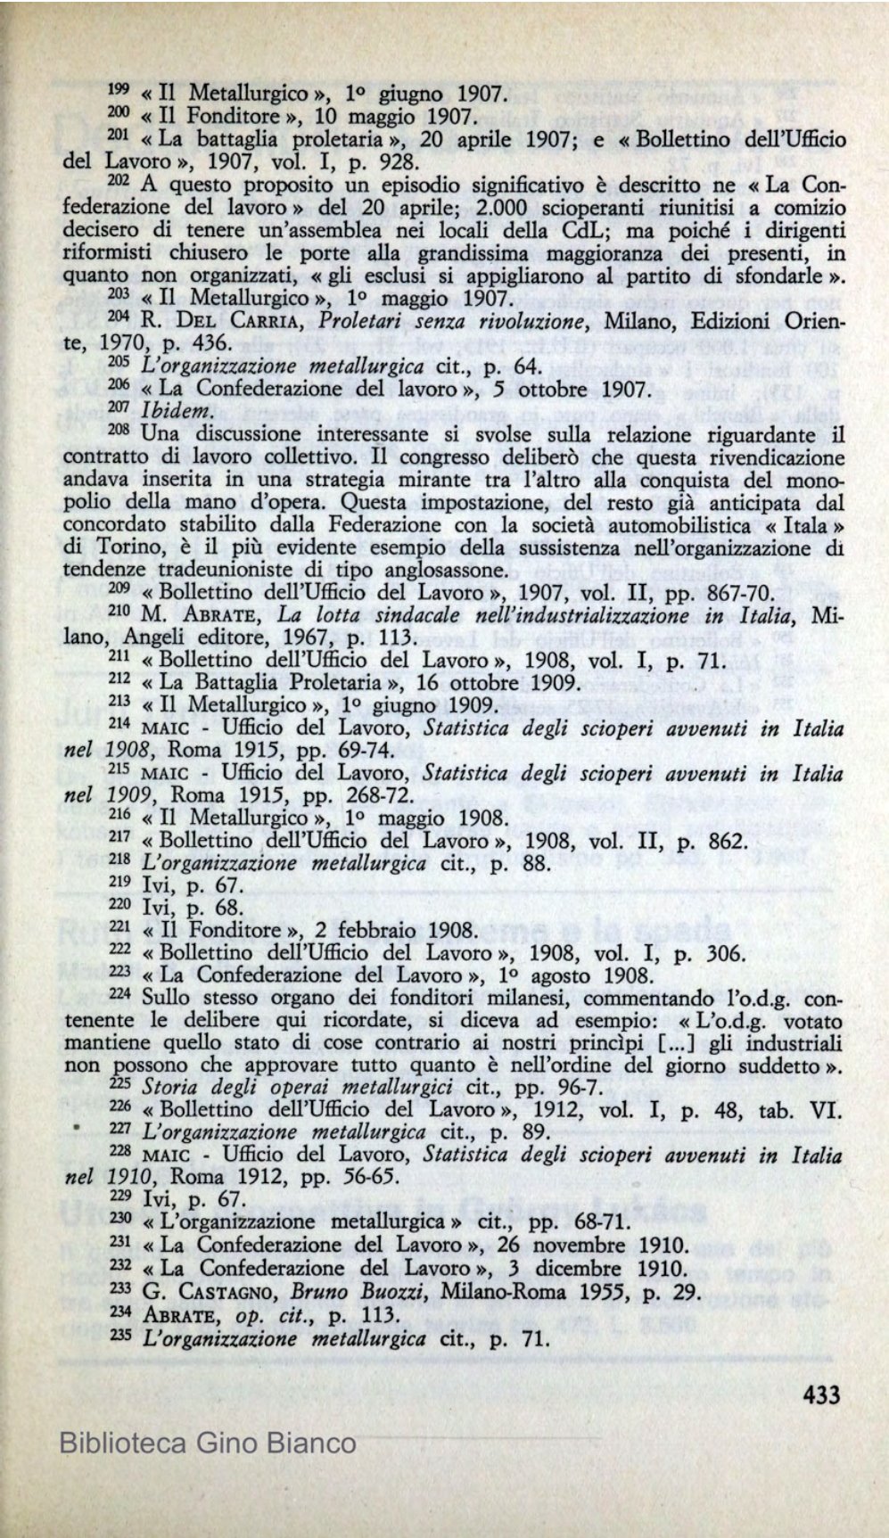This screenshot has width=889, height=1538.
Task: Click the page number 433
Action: pos(820,1393)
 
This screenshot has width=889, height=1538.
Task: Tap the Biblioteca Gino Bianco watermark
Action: pos(207,1443)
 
